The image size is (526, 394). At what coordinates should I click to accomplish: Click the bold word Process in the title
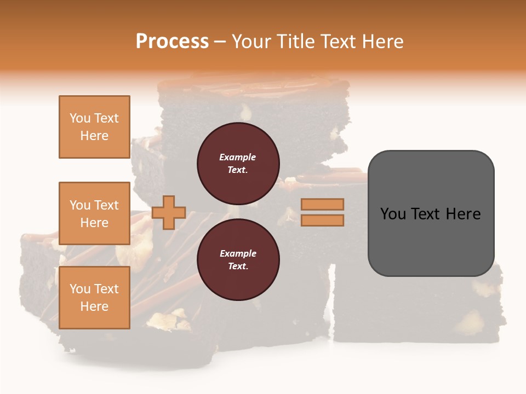point(172,42)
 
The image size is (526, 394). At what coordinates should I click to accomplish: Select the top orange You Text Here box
point(94,127)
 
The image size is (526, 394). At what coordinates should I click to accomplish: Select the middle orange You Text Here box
point(94,213)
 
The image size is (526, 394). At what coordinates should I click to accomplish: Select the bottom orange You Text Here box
point(94,298)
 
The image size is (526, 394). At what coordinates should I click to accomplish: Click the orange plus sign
point(169,212)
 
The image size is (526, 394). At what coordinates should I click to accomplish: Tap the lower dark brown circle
point(238,259)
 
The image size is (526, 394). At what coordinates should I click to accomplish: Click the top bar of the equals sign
point(323,204)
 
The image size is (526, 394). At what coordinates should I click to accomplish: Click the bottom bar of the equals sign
point(323,220)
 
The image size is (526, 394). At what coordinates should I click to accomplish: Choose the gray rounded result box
point(431,213)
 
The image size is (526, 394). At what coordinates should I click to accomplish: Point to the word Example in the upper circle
point(238,157)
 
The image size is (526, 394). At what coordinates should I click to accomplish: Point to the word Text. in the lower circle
point(238,266)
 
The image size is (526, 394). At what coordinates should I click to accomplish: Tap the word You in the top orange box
point(80,118)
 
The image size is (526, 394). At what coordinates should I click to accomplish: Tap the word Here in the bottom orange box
point(94,306)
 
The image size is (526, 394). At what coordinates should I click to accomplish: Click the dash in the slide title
point(220,42)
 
